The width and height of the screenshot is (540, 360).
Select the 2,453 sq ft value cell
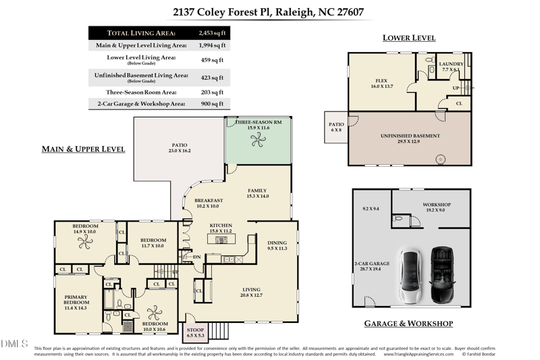[x=211, y=32]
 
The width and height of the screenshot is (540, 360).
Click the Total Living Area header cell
[x=142, y=32]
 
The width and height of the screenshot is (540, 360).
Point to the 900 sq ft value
[x=211, y=104]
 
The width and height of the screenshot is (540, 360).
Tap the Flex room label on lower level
[x=381, y=83]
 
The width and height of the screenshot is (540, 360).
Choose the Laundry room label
[x=452, y=66]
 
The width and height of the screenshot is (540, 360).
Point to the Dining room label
[x=277, y=245]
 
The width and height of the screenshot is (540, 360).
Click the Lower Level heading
[x=409, y=38]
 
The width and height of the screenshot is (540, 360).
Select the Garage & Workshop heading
[x=408, y=324]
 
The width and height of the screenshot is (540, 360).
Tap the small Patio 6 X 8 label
[x=336, y=127]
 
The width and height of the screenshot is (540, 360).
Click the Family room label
[x=258, y=193]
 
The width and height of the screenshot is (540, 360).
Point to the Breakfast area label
[x=209, y=203]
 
